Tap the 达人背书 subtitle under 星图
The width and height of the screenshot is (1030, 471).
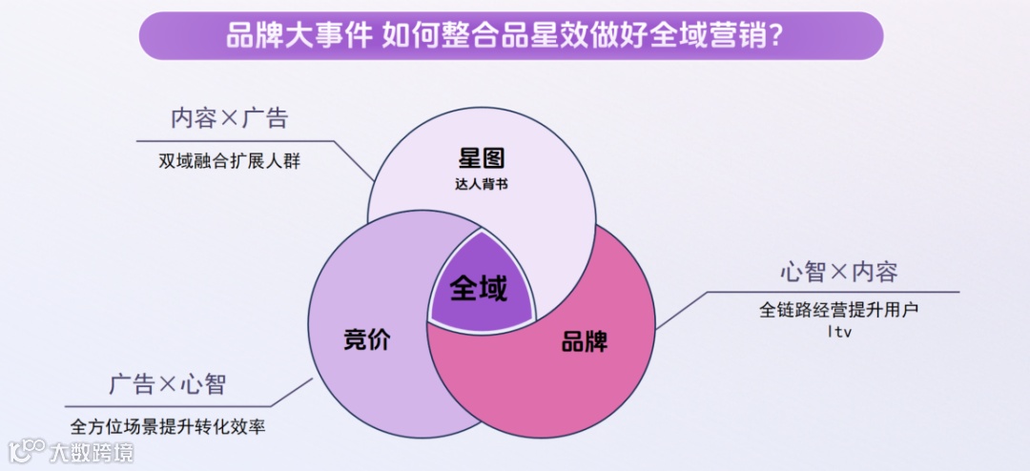tap(481, 183)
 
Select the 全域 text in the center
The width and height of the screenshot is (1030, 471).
tap(479, 287)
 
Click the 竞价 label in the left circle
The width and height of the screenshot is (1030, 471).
tap(367, 339)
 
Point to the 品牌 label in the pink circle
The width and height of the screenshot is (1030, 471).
tap(585, 341)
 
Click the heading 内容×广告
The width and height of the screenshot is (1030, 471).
tap(230, 119)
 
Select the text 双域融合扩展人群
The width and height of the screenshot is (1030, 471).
tap(230, 161)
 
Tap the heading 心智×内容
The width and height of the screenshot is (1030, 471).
tap(839, 273)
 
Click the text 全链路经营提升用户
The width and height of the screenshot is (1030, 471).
tap(839, 311)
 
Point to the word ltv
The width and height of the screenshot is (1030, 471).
tap(839, 332)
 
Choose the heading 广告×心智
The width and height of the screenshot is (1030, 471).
tap(168, 385)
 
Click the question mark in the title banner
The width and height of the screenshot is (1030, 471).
tap(777, 36)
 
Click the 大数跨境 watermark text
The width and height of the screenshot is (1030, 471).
tap(93, 450)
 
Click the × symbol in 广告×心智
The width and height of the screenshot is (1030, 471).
tap(168, 386)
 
